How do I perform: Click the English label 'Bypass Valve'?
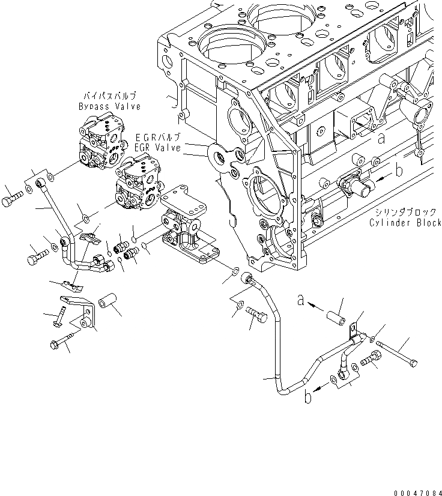pyautogui.click(x=109, y=106)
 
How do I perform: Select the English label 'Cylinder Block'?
pyautogui.click(x=407, y=223)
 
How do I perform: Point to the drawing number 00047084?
pyautogui.click(x=416, y=489)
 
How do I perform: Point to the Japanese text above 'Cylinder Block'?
pyautogui.click(x=406, y=213)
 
